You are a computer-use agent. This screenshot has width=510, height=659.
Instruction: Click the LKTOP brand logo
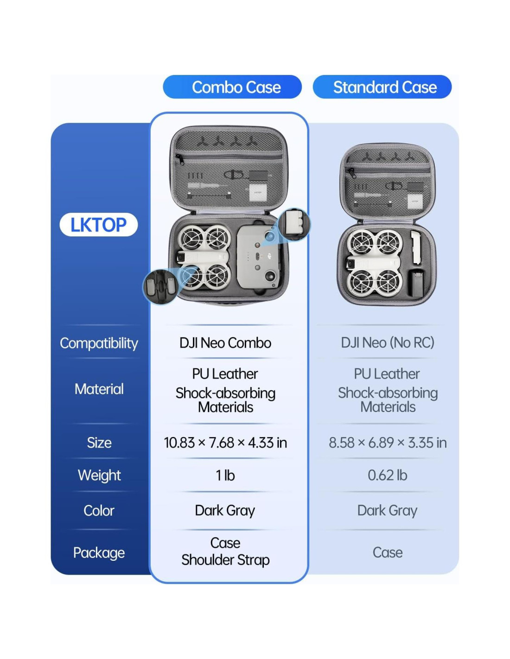pos(98,225)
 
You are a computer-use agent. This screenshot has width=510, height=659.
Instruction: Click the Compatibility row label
pos(99,343)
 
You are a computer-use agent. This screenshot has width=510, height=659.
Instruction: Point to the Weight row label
pos(99,475)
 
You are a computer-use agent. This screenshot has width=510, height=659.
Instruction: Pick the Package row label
pos(99,552)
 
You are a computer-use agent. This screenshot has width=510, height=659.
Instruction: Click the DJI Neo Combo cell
pos(225,343)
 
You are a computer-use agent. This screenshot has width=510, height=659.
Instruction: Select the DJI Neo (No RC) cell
pos(388,343)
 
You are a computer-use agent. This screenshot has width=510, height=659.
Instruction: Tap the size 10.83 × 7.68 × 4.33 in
pos(225,443)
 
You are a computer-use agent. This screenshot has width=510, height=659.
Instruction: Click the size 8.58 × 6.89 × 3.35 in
pos(388,443)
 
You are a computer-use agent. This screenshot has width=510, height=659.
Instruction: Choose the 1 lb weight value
pos(225,475)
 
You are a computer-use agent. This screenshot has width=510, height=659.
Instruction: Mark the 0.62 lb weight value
pos(388,475)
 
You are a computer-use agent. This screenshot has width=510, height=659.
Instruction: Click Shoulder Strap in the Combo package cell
pos(225,560)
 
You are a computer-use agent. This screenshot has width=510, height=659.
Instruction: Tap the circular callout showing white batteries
pos(294,224)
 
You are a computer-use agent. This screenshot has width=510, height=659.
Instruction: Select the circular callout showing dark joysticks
pos(160,286)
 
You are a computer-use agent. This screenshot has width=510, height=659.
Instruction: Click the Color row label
pos(99,510)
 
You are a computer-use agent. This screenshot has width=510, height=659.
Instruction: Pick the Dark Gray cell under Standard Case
pos(388,510)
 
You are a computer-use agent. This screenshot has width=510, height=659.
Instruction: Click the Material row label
pos(99,389)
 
